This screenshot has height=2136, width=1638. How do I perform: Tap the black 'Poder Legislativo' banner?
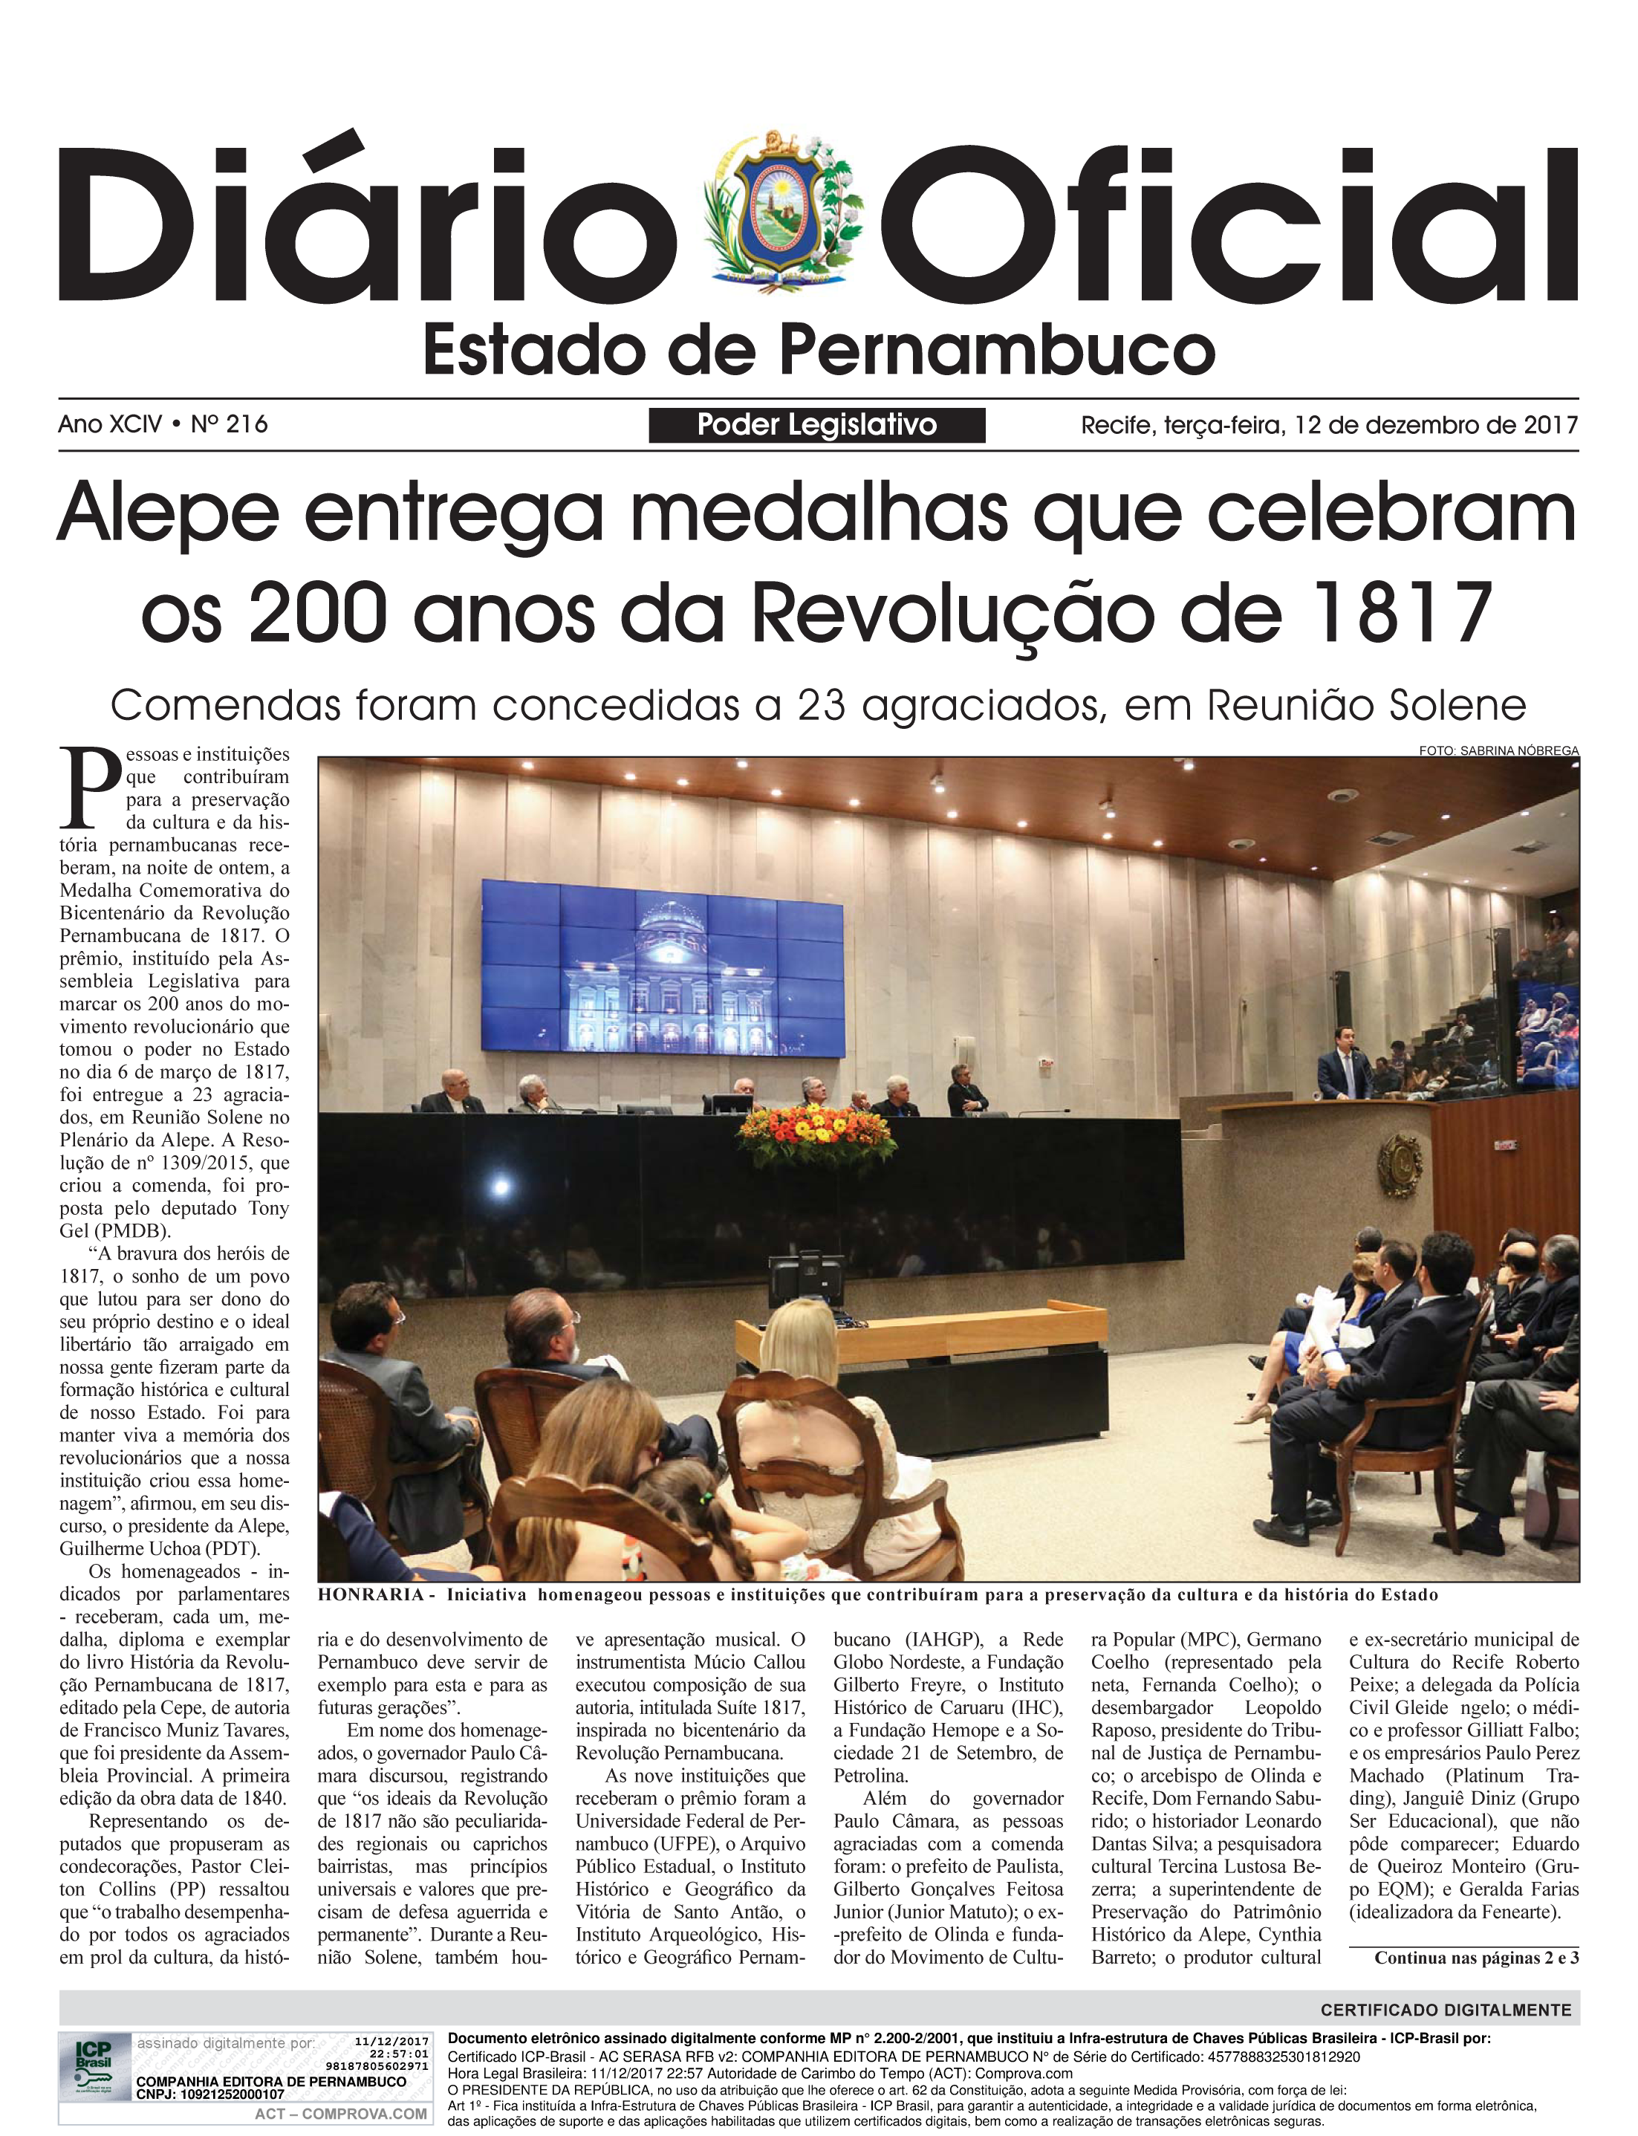click(x=816, y=425)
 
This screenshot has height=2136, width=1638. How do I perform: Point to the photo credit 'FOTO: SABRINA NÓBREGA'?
click(x=1498, y=750)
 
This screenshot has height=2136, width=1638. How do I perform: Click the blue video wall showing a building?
click(x=663, y=968)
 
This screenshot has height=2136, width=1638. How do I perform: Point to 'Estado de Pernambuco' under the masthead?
click(x=818, y=351)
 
